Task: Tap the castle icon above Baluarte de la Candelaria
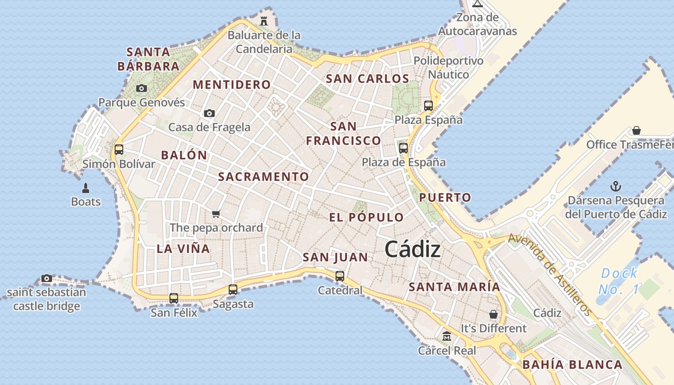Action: click(x=264, y=21)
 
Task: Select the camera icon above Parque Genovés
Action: click(x=141, y=88)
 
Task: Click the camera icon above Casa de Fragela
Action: click(x=209, y=113)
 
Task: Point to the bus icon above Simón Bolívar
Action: click(x=119, y=150)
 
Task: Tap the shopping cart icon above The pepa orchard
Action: click(x=216, y=214)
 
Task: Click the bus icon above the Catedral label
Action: click(x=340, y=276)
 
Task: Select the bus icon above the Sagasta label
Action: click(x=233, y=290)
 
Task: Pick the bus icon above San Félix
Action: click(x=174, y=298)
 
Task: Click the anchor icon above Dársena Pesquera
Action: click(x=615, y=186)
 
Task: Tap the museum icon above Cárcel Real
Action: click(x=446, y=336)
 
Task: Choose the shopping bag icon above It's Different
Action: click(x=493, y=314)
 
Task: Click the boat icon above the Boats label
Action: click(x=86, y=188)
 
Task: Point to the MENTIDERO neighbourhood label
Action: click(x=232, y=85)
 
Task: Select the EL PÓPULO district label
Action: click(x=366, y=217)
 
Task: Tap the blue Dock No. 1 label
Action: click(x=619, y=282)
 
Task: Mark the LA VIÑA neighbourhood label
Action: click(x=183, y=249)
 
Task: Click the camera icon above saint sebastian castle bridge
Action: click(x=47, y=278)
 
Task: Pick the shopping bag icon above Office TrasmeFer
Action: click(x=636, y=130)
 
